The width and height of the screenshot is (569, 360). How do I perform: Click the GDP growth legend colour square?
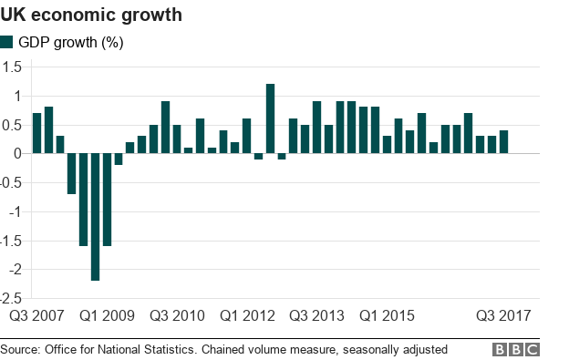pyautogui.click(x=7, y=42)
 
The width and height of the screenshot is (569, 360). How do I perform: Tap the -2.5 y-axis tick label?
pyautogui.click(x=11, y=298)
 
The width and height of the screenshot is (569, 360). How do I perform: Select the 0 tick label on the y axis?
pyautogui.click(x=17, y=153)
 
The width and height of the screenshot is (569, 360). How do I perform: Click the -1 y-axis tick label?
pyautogui.click(x=16, y=211)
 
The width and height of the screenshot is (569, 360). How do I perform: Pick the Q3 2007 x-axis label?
pyautogui.click(x=36, y=316)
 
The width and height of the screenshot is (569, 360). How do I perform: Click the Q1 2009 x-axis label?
pyautogui.click(x=107, y=316)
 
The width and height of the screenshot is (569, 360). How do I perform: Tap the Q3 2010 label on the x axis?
pyautogui.click(x=177, y=316)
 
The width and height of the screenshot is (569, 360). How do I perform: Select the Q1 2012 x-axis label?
pyautogui.click(x=247, y=316)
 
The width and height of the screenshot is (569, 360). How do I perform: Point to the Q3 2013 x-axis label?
pyautogui.click(x=317, y=316)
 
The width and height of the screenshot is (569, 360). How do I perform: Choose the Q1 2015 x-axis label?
pyautogui.click(x=388, y=316)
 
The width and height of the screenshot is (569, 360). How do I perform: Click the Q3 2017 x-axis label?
pyautogui.click(x=503, y=316)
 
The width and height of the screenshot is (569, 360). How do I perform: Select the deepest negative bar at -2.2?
pyautogui.click(x=95, y=217)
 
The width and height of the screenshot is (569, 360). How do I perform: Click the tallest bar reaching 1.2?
pyautogui.click(x=270, y=118)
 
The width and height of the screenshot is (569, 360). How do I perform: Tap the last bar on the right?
pyautogui.click(x=503, y=142)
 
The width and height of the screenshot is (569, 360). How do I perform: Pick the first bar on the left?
pyautogui.click(x=36, y=133)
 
